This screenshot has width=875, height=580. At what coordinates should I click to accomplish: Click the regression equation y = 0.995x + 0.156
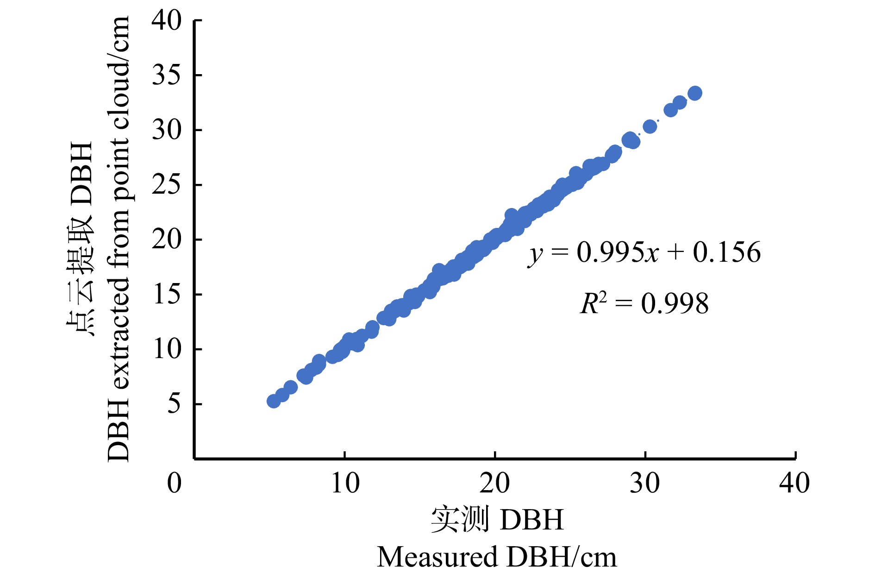point(644,253)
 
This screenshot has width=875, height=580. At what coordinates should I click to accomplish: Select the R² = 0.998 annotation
point(644,304)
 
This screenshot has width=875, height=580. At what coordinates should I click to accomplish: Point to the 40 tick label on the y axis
point(167,21)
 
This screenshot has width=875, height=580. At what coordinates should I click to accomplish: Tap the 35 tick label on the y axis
point(167,75)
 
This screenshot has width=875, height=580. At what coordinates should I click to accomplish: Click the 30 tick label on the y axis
point(167,130)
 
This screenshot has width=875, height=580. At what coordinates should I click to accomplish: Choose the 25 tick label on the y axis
point(167,185)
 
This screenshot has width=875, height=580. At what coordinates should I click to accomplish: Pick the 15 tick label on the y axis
point(167,295)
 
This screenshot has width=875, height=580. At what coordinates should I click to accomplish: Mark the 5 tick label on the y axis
point(174,404)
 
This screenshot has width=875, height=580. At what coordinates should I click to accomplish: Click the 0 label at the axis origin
point(174,483)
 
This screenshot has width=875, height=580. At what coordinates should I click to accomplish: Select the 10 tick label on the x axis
point(345,483)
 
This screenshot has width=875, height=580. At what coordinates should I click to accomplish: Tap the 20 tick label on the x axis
point(494,483)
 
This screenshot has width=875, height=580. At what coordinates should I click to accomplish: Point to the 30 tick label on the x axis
point(644,483)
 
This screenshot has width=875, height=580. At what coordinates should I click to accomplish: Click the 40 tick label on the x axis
point(794,483)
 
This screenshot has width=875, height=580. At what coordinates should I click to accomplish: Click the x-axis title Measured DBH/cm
point(497,557)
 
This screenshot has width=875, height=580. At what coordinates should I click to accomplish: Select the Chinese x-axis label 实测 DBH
point(497,520)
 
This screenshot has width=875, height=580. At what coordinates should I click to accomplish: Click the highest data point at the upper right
point(694,93)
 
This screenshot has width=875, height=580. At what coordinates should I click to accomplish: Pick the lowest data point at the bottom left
point(274,401)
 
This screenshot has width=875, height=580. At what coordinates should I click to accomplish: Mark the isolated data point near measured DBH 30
point(650,126)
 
